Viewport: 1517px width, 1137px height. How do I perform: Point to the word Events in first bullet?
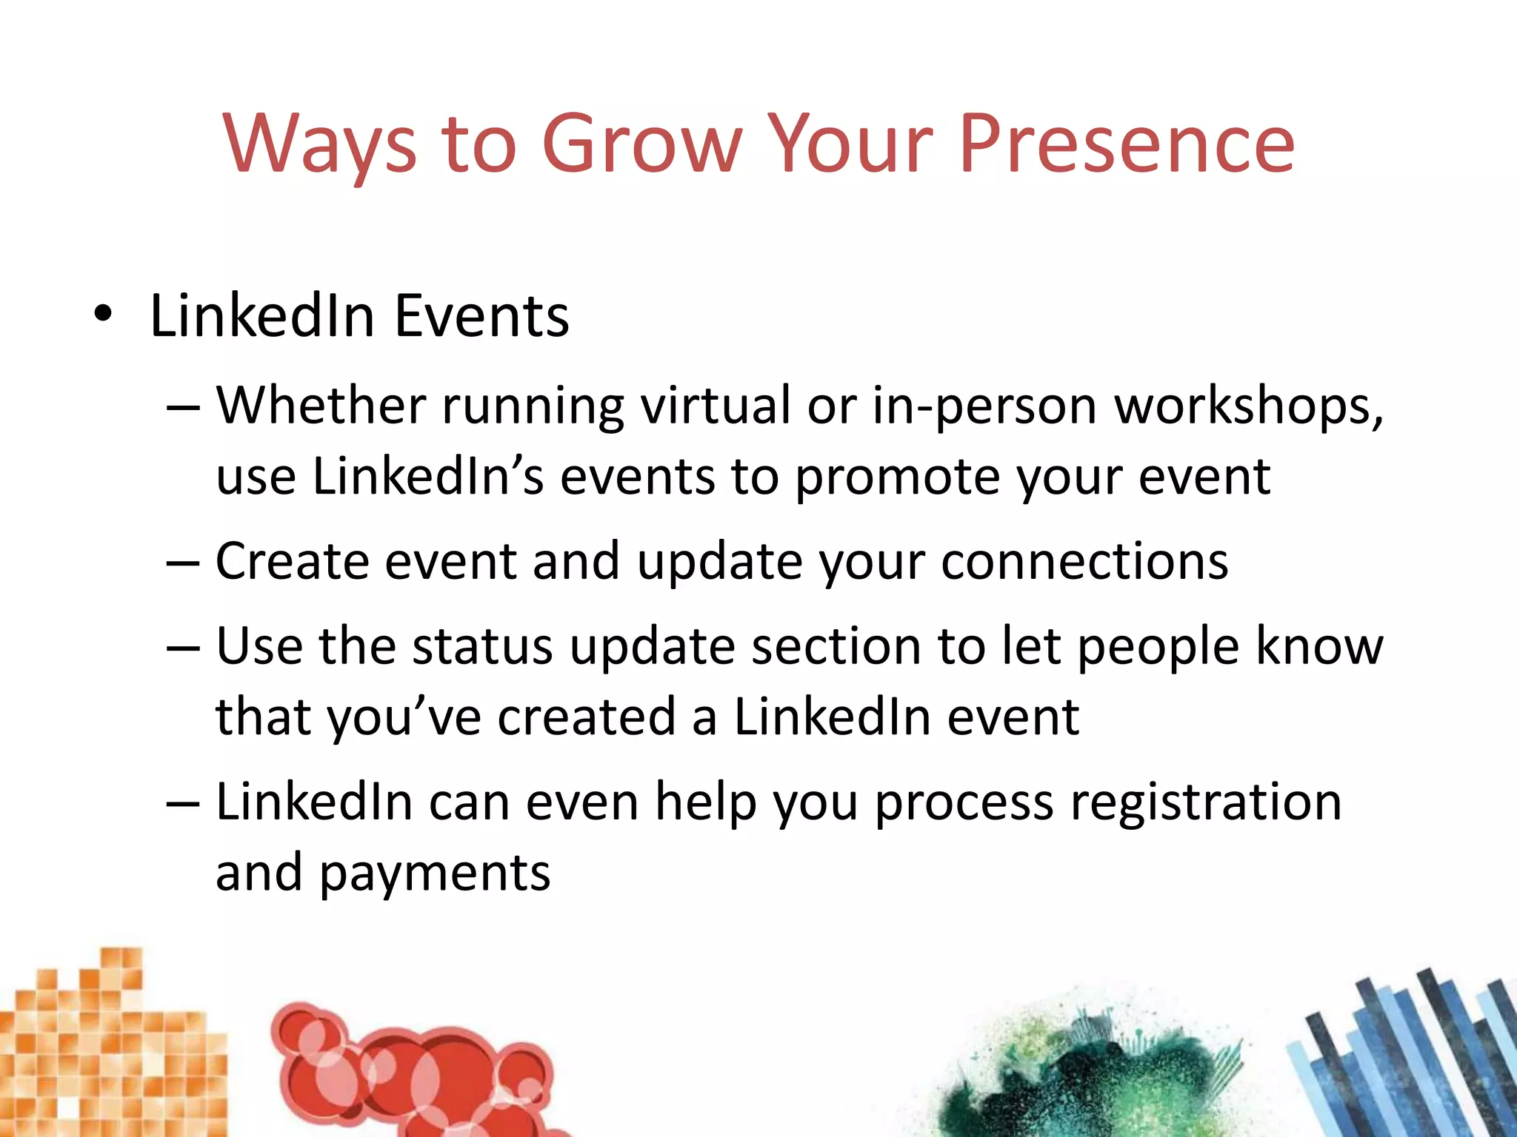(x=481, y=316)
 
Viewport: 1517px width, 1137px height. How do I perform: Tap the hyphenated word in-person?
(x=984, y=407)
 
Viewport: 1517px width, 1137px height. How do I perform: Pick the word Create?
(x=292, y=561)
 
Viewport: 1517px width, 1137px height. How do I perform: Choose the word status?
(x=481, y=646)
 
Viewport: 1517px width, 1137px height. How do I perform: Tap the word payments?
(x=435, y=873)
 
